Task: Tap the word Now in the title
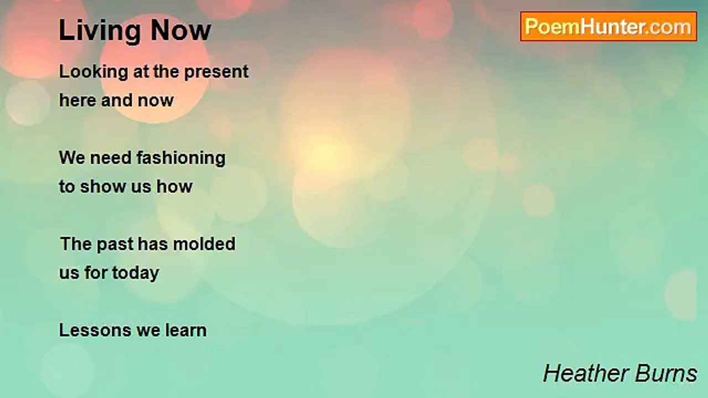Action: tap(181, 30)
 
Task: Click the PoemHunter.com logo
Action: tap(608, 27)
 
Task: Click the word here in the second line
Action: tap(78, 101)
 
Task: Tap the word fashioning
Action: tap(181, 158)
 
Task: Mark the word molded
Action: tap(204, 244)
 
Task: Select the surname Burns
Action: tap(665, 373)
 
